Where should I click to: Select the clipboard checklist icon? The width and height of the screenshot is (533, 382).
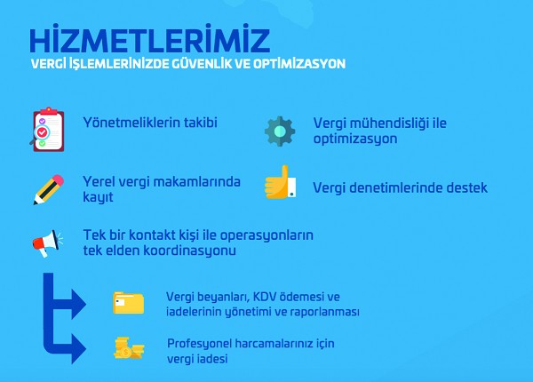pos(47,130)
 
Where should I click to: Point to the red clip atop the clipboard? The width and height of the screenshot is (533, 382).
pos(48,111)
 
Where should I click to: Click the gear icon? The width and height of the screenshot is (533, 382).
pos(280,131)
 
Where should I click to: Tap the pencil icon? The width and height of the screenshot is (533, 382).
pos(48,189)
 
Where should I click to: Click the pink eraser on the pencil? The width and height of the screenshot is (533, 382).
pos(57,180)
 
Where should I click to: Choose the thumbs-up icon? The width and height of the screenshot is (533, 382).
pos(281,182)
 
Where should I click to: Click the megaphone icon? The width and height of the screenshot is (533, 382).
pos(48,243)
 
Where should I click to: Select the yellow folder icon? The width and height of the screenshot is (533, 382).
pos(129,302)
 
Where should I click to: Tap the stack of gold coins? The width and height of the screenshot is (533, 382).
pos(129,348)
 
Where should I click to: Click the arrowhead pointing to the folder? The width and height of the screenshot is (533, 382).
pos(78,304)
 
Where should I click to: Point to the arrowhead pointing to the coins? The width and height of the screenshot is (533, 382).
pos(78,348)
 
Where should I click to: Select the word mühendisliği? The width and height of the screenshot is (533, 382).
pos(389,124)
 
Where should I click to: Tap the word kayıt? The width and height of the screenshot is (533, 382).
pos(98,197)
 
